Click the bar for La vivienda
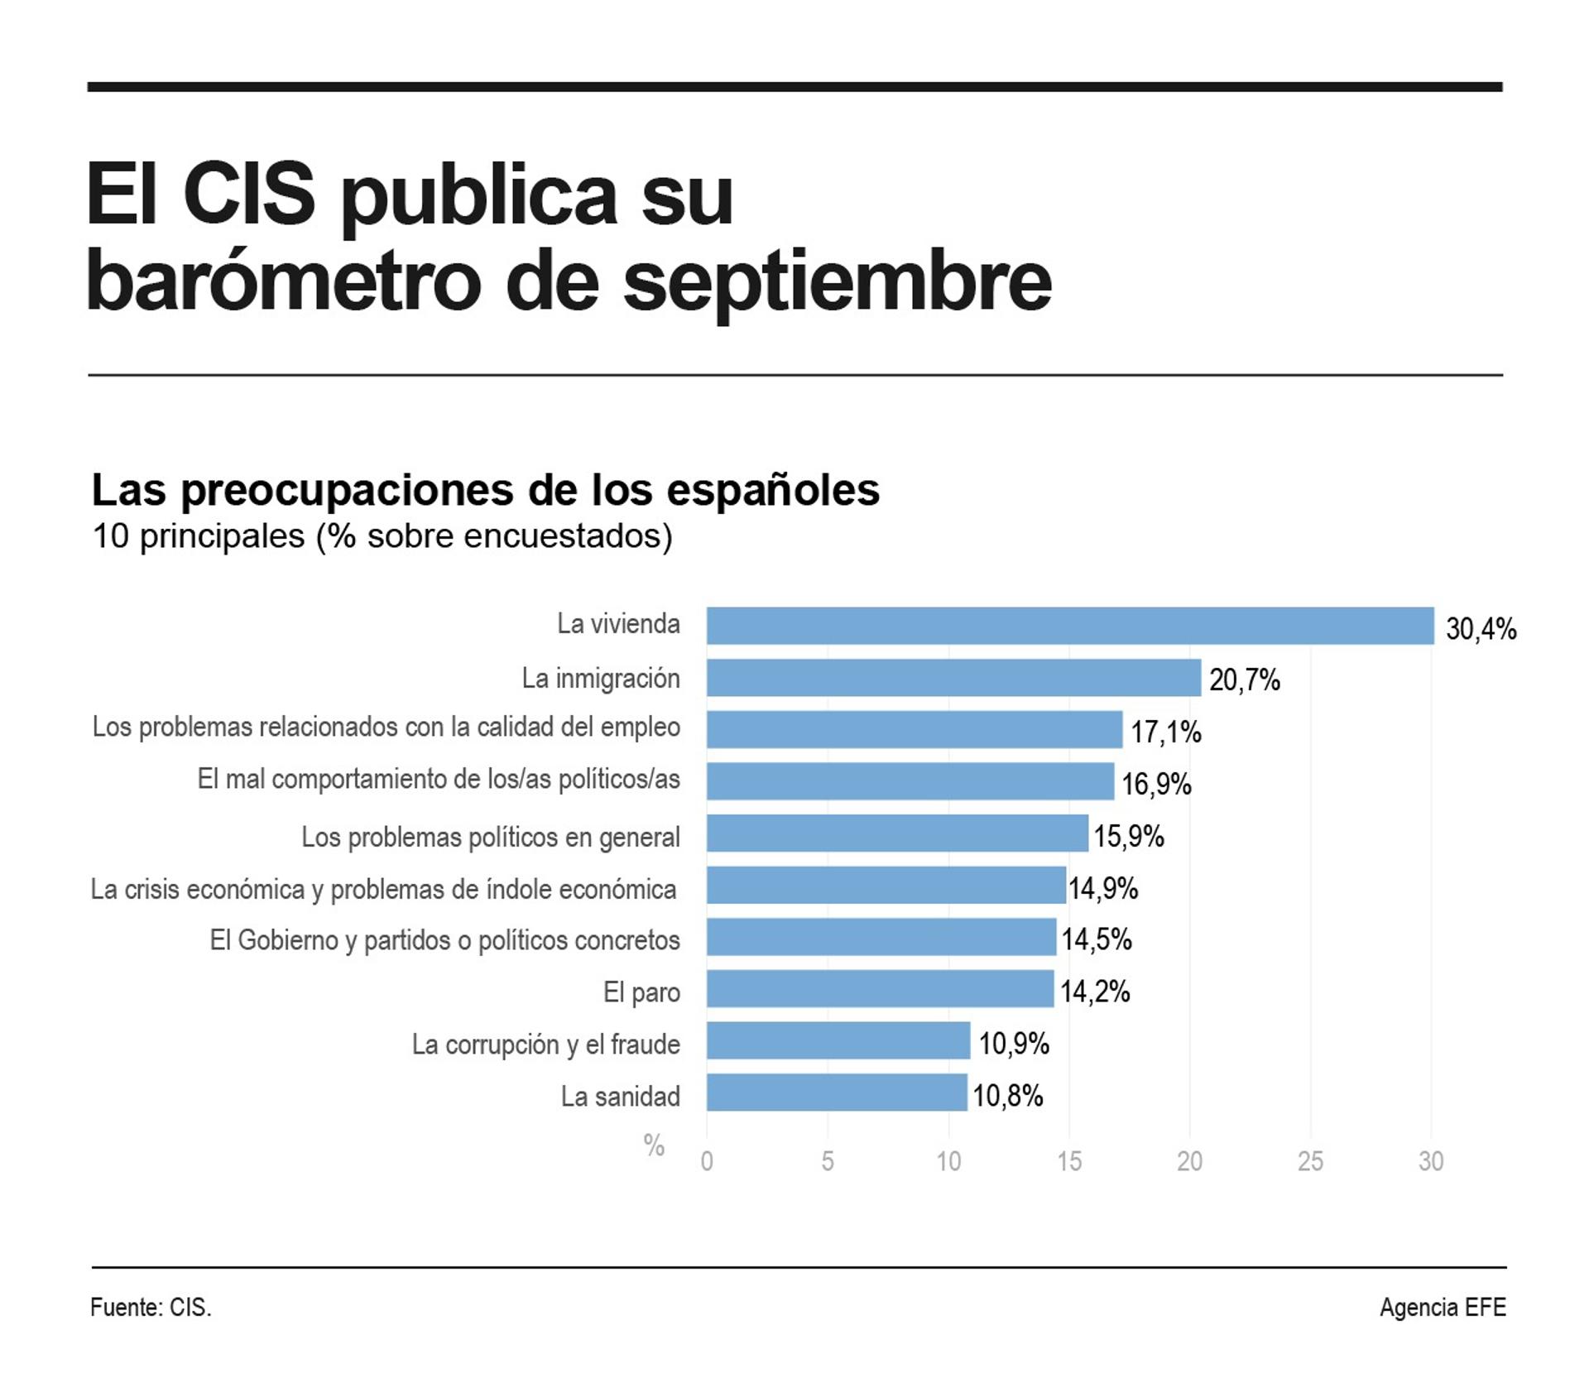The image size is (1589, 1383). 1069,626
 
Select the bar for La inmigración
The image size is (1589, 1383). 953,678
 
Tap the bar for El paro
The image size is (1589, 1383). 880,989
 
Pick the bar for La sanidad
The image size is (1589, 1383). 836,1092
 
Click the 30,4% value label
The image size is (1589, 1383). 1481,629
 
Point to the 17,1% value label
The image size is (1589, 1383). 1165,732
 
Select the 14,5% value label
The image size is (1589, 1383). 1097,939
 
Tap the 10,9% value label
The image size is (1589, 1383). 1014,1044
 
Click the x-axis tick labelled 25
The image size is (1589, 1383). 1310,1161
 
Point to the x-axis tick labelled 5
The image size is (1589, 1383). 827,1161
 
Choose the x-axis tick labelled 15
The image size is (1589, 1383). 1068,1161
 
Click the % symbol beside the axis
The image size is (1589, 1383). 654,1145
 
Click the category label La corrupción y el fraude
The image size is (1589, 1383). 545,1044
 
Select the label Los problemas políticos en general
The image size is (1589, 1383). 490,837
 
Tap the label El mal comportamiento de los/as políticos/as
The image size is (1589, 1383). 438,779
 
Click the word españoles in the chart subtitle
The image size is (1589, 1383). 773,490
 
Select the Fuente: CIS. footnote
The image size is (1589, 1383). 151,1307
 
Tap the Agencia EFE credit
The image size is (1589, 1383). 1442,1307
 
